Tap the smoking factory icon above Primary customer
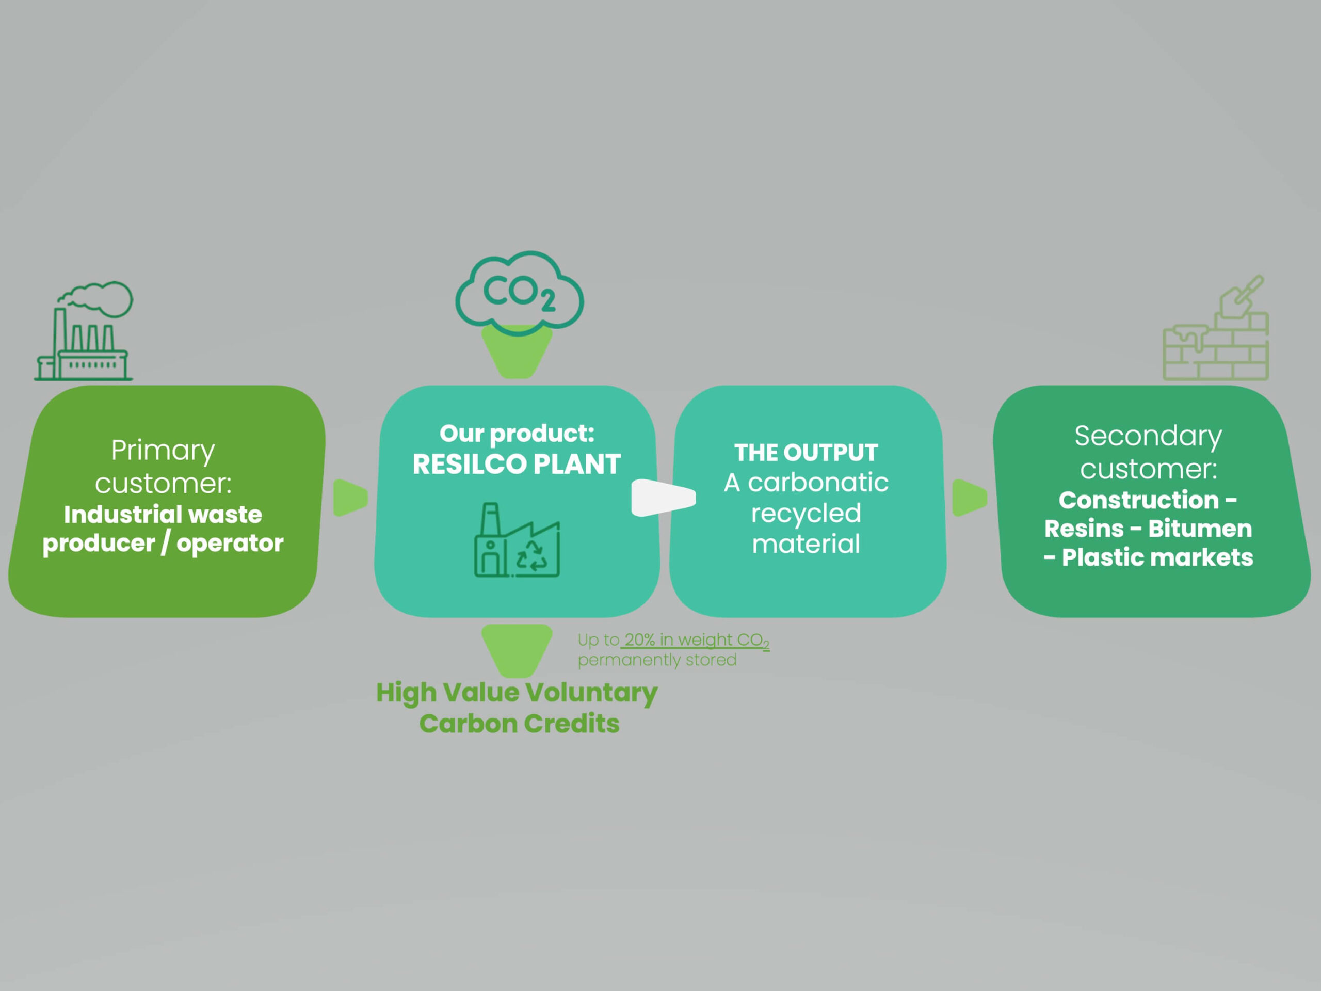[84, 332]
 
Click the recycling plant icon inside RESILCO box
[517, 540]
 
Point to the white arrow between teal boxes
[663, 497]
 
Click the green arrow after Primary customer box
[350, 497]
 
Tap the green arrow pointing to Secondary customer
[969, 497]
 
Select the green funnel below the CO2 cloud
[517, 353]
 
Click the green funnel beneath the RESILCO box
[517, 649]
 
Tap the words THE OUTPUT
[806, 453]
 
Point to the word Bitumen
[1200, 529]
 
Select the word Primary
[163, 451]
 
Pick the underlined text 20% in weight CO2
[696, 640]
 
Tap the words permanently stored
[657, 660]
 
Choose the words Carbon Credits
[519, 724]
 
